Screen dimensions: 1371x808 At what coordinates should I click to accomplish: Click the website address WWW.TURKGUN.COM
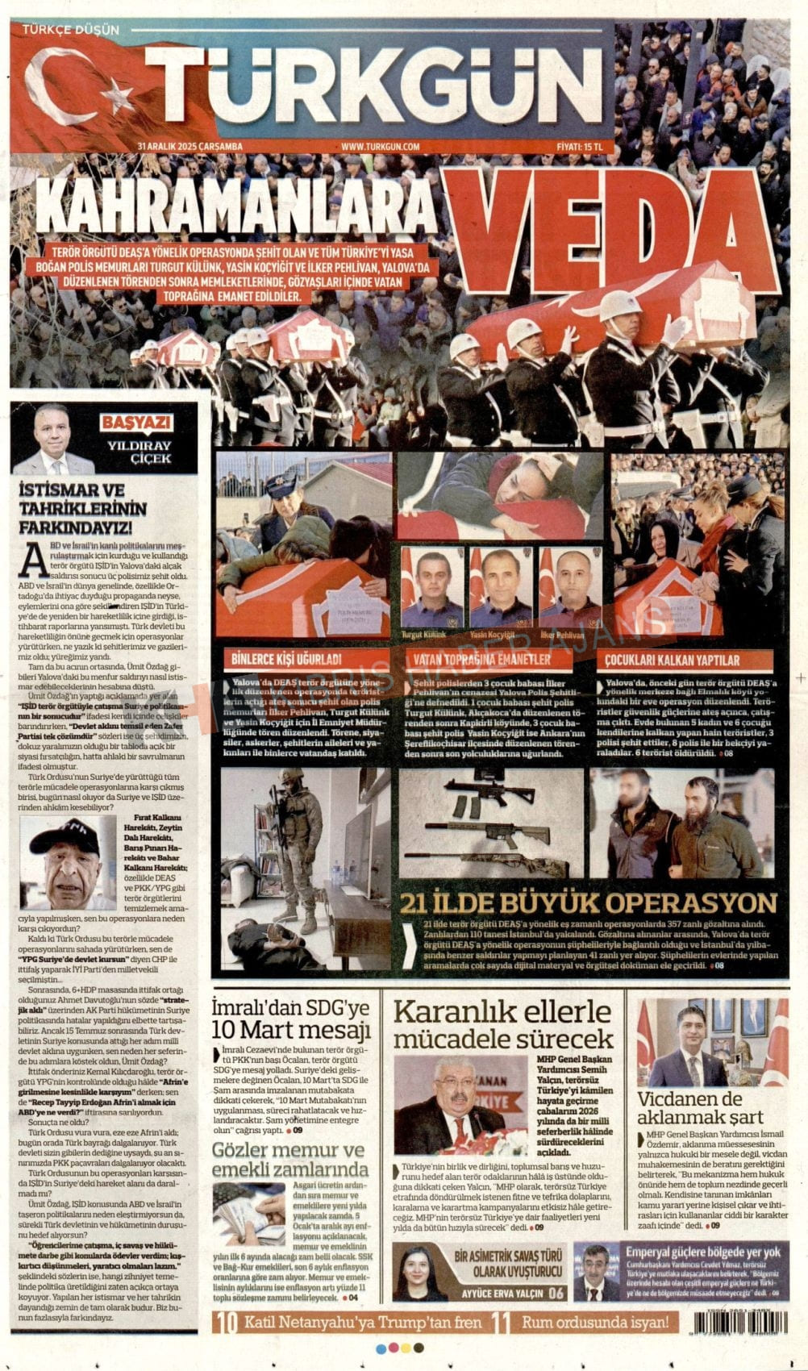[x=381, y=146]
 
